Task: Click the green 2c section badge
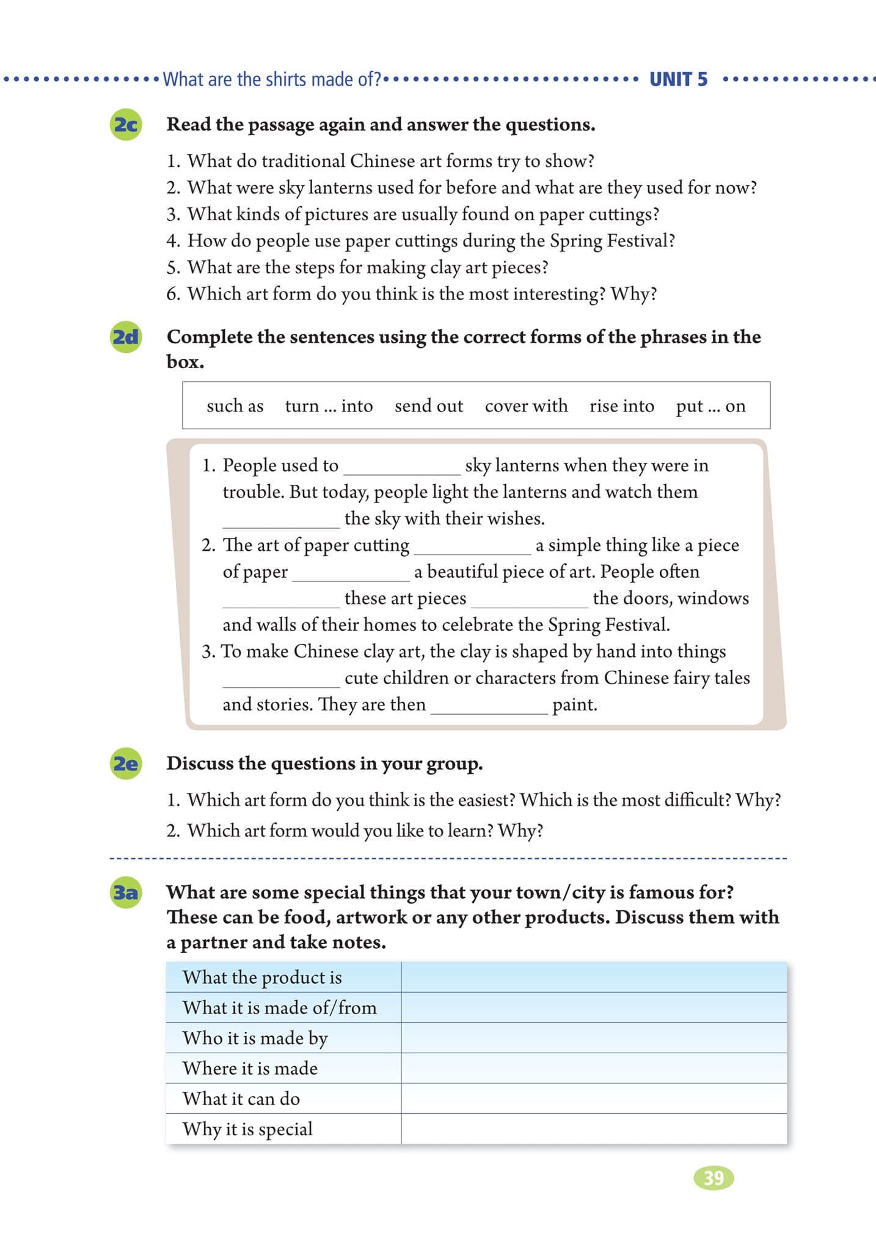coord(125,125)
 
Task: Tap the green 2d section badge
coord(125,337)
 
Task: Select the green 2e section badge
coord(125,764)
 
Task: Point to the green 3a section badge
coord(125,893)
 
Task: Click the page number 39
coord(714,1177)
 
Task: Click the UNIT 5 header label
coord(678,79)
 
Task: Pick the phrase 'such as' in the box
coord(235,406)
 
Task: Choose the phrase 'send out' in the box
coord(428,406)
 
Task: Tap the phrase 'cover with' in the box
coord(526,406)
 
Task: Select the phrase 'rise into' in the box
coord(621,406)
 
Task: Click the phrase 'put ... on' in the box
coord(710,406)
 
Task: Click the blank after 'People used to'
coord(402,467)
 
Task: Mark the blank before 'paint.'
coord(489,706)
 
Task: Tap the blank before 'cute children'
coord(281,679)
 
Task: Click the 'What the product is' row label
coord(262,977)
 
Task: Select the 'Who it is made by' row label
coord(255,1038)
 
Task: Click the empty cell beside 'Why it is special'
coord(593,1129)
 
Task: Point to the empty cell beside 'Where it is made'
coord(593,1068)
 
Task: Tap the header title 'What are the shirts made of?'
coord(272,79)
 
